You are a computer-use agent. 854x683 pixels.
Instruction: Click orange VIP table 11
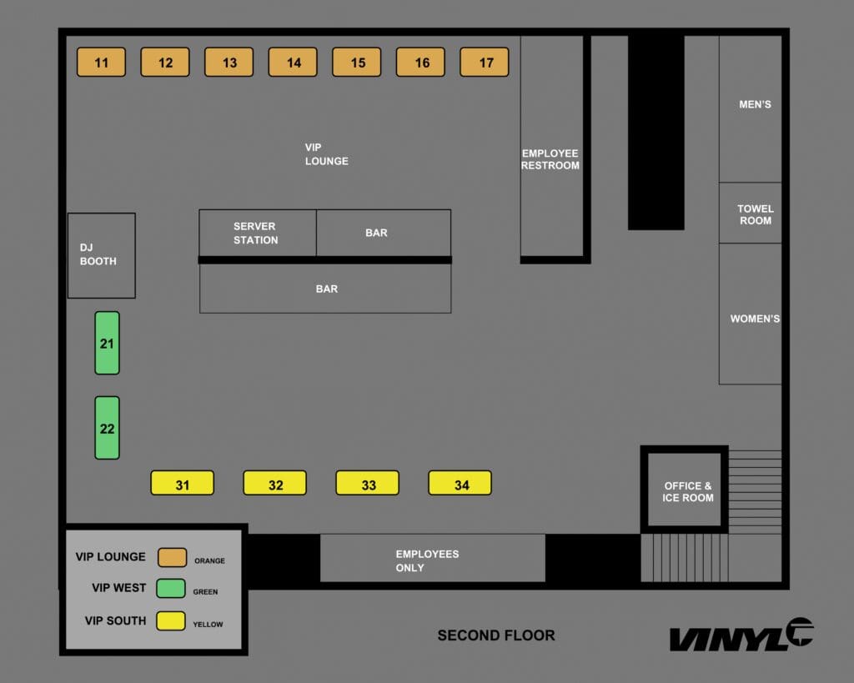tap(101, 63)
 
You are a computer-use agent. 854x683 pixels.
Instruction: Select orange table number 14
tap(293, 63)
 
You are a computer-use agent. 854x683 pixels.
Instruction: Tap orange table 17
tap(485, 63)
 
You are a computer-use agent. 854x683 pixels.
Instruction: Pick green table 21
tap(107, 343)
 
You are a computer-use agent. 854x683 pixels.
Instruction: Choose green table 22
tap(107, 428)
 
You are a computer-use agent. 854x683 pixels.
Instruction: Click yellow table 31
tap(182, 484)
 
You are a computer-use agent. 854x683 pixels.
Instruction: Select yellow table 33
tap(367, 484)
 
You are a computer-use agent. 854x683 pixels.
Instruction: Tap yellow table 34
tap(460, 484)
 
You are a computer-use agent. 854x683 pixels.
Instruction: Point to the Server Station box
tap(256, 233)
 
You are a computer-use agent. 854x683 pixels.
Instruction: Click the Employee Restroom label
tap(550, 159)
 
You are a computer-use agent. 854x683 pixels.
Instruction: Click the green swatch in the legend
tap(171, 589)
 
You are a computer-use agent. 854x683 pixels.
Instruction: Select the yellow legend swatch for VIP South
tap(171, 621)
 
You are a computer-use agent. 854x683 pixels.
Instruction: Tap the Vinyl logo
tap(741, 636)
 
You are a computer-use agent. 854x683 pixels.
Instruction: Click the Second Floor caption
tap(496, 635)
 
